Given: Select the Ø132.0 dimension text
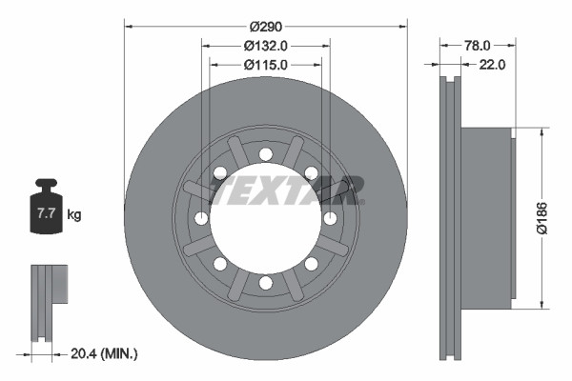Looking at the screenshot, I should (x=266, y=45).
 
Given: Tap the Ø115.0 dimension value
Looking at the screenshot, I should (x=266, y=65).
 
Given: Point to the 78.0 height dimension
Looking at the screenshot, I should (x=478, y=45).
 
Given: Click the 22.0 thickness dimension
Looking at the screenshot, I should (x=491, y=65).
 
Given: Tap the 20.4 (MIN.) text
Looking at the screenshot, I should (x=105, y=353).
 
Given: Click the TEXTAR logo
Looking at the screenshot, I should (x=286, y=190).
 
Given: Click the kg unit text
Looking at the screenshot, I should (x=74, y=215).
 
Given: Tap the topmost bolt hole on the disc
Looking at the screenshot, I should (x=266, y=153).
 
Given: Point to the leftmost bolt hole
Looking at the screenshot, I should (x=201, y=218).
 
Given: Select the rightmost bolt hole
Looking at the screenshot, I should (x=330, y=218).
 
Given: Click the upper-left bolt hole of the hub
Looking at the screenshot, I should (x=220, y=172).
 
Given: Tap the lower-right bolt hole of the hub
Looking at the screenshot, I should (x=312, y=263).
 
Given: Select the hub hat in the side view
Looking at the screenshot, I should (x=486, y=218).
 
